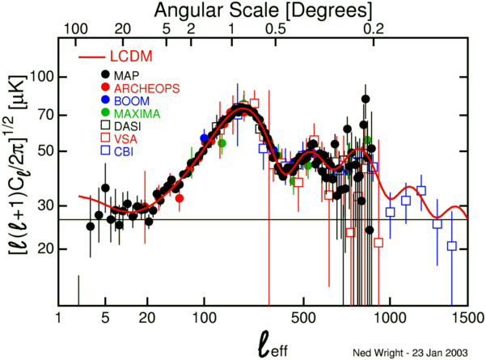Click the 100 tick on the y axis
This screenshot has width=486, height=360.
(41, 78)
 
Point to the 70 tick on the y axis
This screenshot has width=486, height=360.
(45, 114)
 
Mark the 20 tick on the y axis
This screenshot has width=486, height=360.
(45, 249)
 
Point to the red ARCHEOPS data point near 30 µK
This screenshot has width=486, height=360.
(179, 198)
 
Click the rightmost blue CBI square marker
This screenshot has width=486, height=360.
(451, 246)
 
